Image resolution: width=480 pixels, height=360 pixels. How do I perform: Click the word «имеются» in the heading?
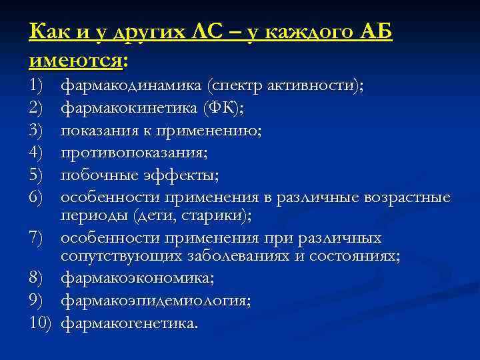75,61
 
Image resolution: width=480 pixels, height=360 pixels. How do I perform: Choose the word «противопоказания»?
132,153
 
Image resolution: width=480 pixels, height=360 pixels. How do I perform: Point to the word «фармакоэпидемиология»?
155,301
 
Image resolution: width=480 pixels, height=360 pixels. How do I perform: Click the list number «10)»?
42,323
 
